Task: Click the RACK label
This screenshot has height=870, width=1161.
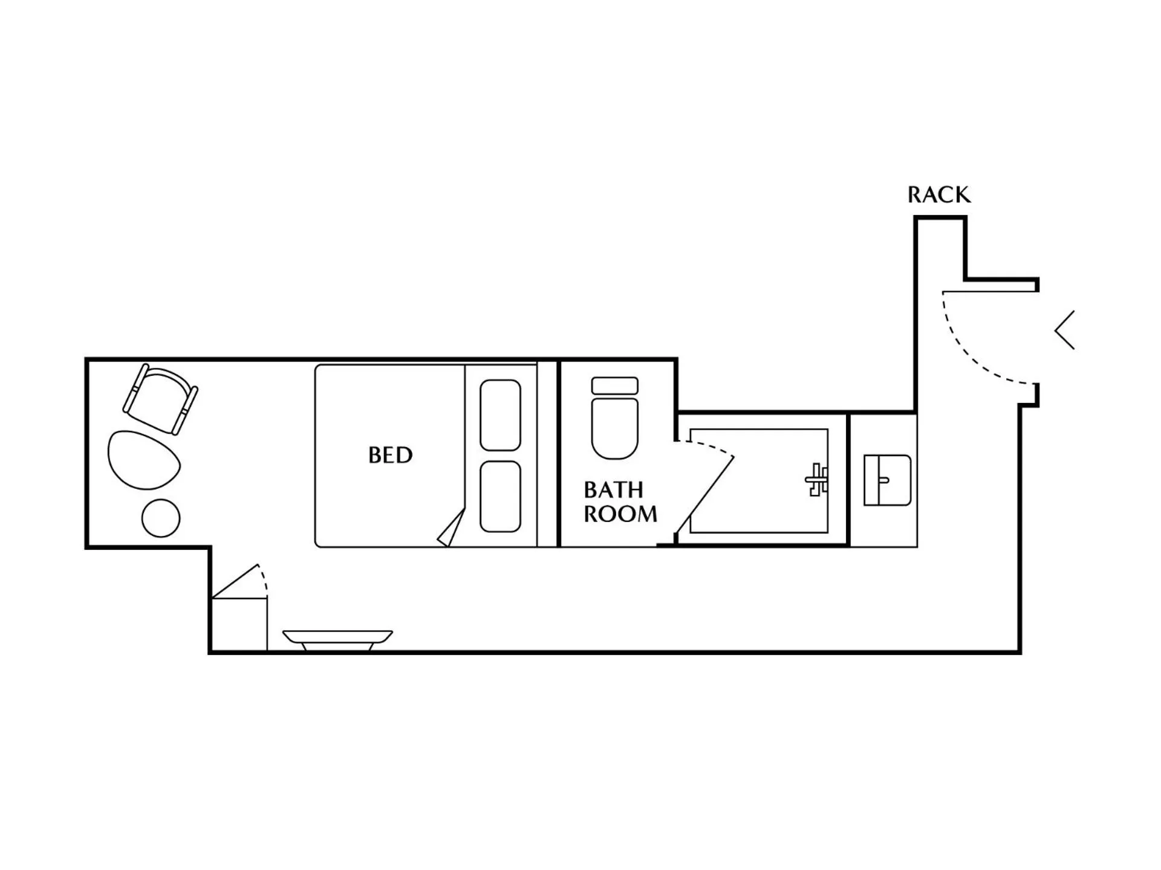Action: pos(938,195)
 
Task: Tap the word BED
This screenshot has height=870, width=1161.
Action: pos(390,455)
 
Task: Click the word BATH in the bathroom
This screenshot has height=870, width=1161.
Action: pos(613,489)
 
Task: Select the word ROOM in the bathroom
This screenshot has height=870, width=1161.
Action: pos(620,514)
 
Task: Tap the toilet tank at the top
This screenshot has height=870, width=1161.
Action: pos(614,385)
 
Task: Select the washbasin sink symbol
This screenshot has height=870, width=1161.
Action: pos(887,480)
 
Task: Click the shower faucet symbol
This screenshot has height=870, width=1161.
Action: pos(817,480)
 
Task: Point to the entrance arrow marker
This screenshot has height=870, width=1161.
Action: pos(1065,330)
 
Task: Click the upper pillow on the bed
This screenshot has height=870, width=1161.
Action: pos(500,415)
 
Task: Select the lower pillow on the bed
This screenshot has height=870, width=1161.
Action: pos(500,497)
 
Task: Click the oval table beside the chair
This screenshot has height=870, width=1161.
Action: pos(144,460)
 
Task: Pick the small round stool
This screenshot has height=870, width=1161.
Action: pos(161,518)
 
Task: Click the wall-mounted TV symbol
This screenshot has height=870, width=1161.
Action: pos(337,639)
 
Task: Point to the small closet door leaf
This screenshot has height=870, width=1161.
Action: pos(236,581)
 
